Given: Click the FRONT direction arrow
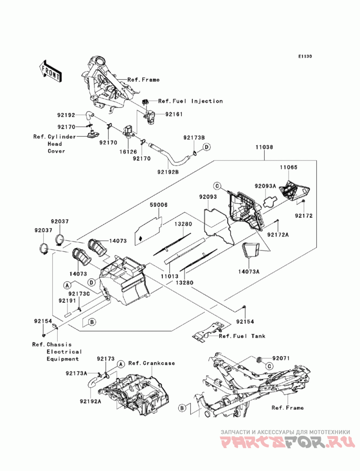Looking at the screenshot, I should tap(50, 70).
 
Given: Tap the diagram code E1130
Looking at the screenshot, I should tap(304, 57).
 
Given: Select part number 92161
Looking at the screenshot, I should tap(174, 115).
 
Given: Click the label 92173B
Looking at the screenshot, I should tap(194, 137).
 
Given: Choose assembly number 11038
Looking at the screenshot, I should tap(264, 147).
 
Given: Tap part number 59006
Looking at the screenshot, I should tap(158, 205).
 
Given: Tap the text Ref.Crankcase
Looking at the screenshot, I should tap(152, 363).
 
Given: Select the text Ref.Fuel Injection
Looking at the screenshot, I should tap(190, 101).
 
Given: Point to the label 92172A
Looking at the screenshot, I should tap(278, 234).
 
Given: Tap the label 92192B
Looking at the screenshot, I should tap(168, 172).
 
